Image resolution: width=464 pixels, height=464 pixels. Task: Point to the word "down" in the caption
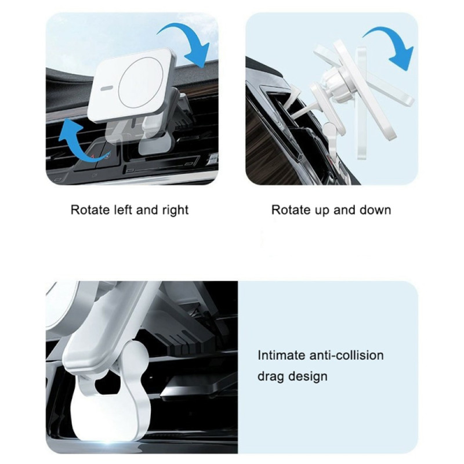(375, 210)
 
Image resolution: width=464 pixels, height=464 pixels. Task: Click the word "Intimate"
(281, 355)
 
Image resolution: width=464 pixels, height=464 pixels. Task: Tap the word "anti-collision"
(346, 355)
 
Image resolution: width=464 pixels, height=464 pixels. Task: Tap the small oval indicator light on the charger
(106, 88)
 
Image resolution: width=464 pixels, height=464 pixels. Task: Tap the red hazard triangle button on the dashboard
(93, 156)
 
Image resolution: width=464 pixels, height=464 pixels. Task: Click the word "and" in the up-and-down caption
(345, 210)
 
